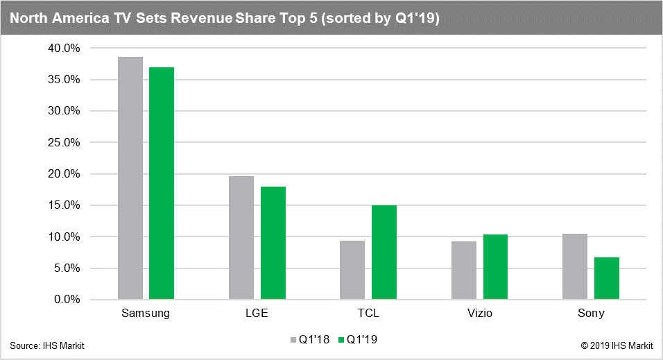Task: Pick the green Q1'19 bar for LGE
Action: [x=273, y=243]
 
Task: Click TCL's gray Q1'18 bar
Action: [x=352, y=270]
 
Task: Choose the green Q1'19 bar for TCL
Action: [x=384, y=252]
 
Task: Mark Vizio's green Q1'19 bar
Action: [x=495, y=267]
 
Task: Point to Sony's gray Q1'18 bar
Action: [x=575, y=266]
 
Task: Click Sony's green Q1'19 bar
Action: [x=606, y=278]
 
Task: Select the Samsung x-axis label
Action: [x=146, y=314]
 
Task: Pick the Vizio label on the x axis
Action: [x=479, y=314]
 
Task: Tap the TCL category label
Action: [x=368, y=314]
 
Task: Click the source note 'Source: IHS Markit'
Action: [x=47, y=345]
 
